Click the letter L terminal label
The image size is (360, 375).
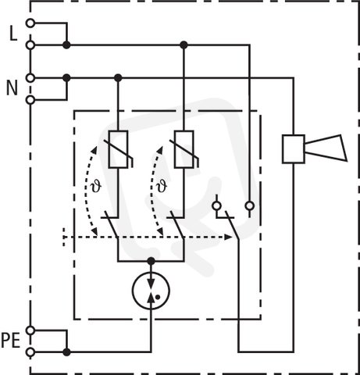click(13, 33)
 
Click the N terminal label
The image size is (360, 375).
click(12, 88)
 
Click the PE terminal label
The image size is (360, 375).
click(11, 341)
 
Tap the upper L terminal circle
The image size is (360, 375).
click(30, 23)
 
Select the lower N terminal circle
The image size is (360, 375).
click(30, 100)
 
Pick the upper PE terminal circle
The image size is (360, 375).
click(30, 330)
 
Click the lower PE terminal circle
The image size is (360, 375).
click(30, 352)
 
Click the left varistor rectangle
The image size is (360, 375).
click(118, 149)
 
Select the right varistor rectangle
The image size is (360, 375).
click(184, 149)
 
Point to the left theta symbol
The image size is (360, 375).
click(96, 187)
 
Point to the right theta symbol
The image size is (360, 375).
click(162, 187)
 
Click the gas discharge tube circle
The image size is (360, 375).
click(151, 291)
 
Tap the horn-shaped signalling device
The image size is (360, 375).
click(326, 148)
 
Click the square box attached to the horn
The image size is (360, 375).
click(294, 149)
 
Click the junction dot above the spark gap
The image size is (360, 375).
click(151, 261)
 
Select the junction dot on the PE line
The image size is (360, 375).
click(66, 352)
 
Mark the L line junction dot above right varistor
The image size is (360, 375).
click(184, 45)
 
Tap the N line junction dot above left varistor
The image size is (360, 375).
click(118, 77)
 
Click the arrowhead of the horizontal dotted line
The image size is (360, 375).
click(228, 237)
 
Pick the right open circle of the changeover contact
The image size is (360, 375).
click(250, 206)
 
